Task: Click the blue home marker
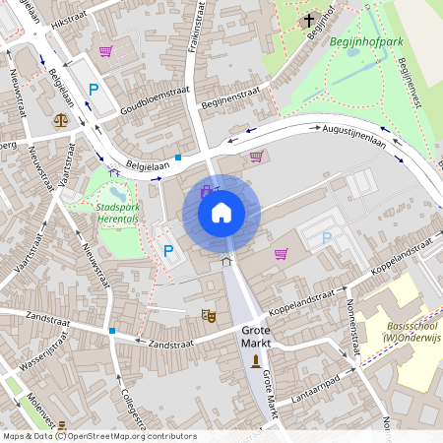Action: [221, 212]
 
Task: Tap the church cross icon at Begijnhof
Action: [308, 19]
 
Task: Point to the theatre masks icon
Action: [208, 315]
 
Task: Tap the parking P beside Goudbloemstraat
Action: [95, 90]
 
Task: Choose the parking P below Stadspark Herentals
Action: [167, 251]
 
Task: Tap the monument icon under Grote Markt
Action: [256, 362]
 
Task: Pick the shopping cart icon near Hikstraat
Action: [105, 51]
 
